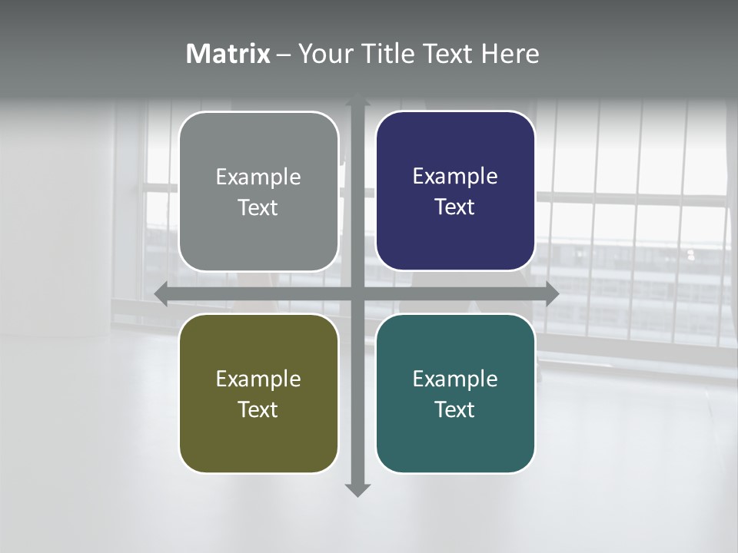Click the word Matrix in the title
tap(228, 54)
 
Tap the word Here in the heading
tap(510, 54)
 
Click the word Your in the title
tap(324, 54)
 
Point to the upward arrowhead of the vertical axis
tap(357, 100)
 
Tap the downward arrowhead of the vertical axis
tap(357, 489)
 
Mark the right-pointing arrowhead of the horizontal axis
tap(551, 293)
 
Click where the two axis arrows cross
tap(357, 293)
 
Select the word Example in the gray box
tap(258, 177)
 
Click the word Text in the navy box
tap(455, 207)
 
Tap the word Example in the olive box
tap(258, 379)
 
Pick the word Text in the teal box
tap(455, 410)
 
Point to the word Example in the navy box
tap(455, 177)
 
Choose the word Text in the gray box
tap(258, 208)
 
